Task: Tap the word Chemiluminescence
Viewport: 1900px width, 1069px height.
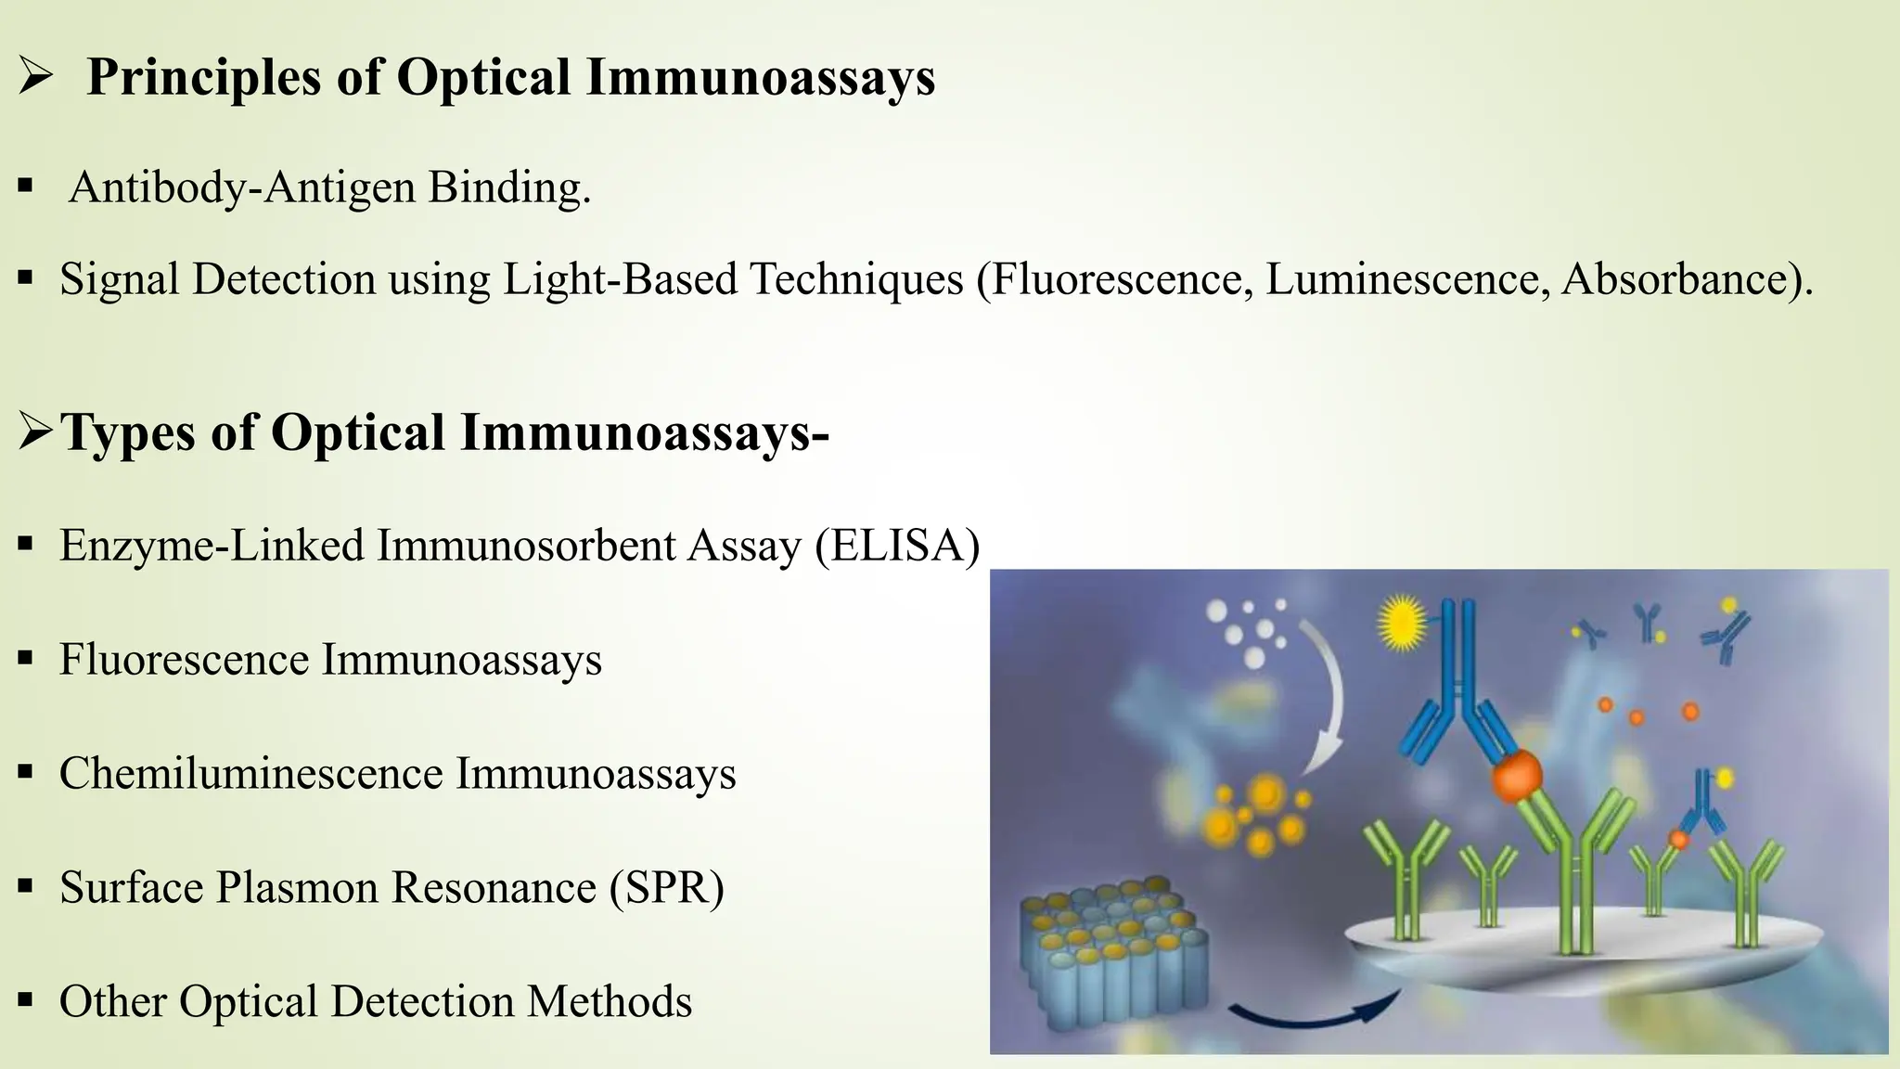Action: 250,774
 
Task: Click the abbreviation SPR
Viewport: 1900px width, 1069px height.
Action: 667,887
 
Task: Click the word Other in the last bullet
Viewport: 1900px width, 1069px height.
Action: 112,1002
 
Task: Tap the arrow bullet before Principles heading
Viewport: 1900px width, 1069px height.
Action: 35,78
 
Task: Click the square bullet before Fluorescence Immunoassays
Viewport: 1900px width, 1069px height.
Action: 26,660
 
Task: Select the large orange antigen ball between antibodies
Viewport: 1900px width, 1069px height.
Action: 1516,776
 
